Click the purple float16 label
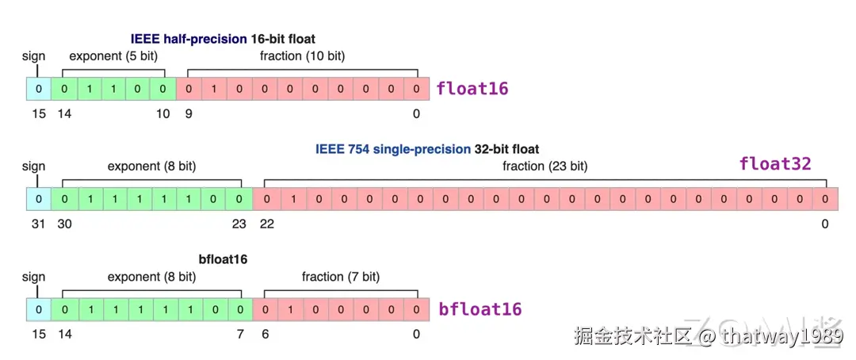(x=472, y=89)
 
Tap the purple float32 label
(x=774, y=164)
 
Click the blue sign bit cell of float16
(x=38, y=89)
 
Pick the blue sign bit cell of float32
(x=38, y=199)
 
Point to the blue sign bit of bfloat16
(x=38, y=309)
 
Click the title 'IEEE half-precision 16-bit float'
(x=223, y=39)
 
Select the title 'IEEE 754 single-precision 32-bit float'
(x=427, y=149)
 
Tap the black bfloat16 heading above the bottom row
(x=224, y=259)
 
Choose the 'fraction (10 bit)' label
(x=302, y=56)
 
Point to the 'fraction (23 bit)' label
(x=545, y=167)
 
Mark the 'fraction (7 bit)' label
(x=341, y=277)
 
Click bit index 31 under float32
(x=38, y=224)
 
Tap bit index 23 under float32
(x=239, y=224)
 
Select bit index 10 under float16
(x=162, y=114)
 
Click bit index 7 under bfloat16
(x=239, y=335)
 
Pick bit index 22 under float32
(x=266, y=224)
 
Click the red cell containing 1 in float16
(x=214, y=89)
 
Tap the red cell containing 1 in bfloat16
(x=290, y=309)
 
